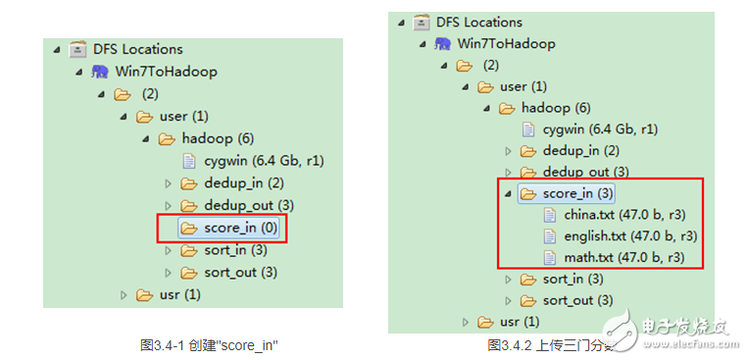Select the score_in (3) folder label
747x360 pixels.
click(578, 193)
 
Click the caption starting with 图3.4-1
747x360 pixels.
click(210, 345)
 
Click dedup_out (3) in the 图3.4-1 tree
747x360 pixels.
click(249, 205)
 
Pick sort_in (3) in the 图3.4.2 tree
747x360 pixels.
click(573, 280)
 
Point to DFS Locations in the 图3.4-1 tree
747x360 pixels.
click(138, 49)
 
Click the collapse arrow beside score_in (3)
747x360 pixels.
click(508, 193)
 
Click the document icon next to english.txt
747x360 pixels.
click(551, 236)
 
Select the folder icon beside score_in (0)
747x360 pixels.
click(189, 229)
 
